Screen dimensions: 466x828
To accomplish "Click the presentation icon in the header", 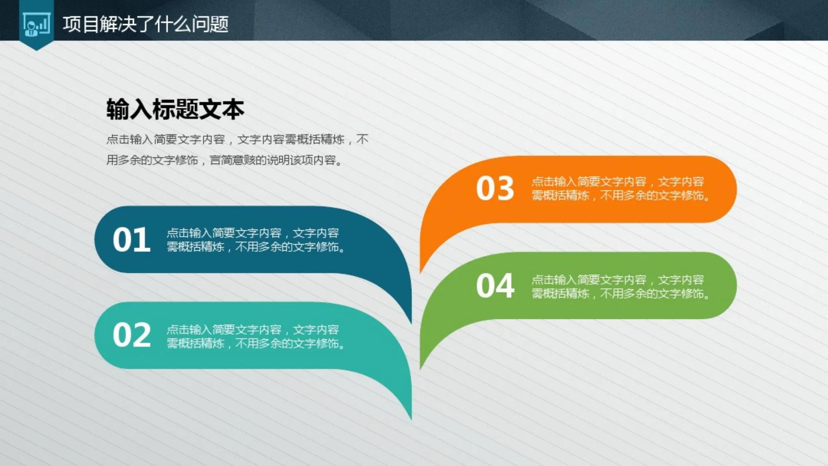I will pos(36,24).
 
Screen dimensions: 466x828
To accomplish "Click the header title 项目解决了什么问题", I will pos(145,24).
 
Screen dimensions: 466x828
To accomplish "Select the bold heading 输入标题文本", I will pos(175,110).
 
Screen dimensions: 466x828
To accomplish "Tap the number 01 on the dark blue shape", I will pos(132,240).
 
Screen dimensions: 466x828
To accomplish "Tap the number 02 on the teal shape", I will pos(132,335).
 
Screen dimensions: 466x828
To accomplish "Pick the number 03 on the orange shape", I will pos(495,188).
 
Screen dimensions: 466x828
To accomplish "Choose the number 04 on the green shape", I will pos(495,286).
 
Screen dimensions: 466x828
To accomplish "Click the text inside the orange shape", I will pos(620,188).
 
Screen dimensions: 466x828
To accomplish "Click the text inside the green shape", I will pos(620,287).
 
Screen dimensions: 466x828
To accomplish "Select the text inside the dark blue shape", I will pos(255,240).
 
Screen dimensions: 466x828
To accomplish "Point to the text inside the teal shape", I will pos(255,336).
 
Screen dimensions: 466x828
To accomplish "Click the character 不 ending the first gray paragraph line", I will pos(362,139).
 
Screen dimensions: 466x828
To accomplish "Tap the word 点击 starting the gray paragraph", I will pos(118,139).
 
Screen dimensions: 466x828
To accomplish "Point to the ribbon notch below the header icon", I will pos(36,48).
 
